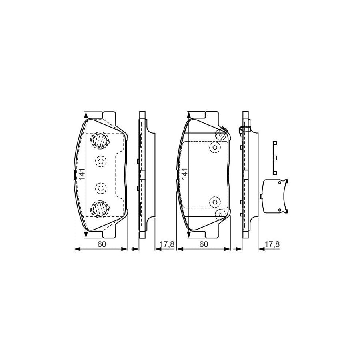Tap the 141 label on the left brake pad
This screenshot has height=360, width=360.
pos(81,174)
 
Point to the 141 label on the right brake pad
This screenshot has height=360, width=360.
pos(184,174)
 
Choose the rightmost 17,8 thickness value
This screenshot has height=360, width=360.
pos(270,244)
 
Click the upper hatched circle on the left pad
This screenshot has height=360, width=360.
pos(100,140)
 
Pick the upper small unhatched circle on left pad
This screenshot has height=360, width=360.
pos(100,161)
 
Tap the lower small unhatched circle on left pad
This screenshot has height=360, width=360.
pos(100,187)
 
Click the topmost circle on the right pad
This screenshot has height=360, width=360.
pos(219,134)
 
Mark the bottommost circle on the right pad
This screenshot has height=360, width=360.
pos(219,214)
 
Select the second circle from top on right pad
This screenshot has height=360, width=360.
pos(215,148)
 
